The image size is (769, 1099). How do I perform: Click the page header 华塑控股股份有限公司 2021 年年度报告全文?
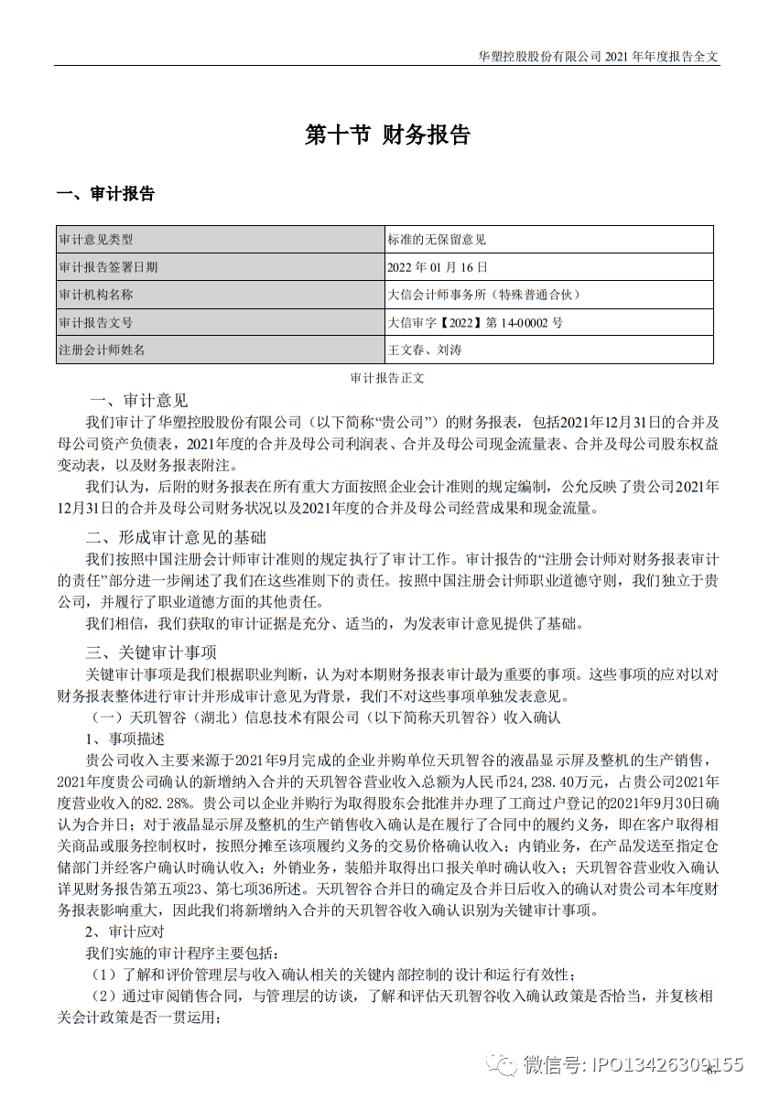599,56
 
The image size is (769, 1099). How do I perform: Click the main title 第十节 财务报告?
387,135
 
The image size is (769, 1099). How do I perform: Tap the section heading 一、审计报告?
105,194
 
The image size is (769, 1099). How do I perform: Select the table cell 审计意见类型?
96,240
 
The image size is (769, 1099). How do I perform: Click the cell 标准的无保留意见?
437,240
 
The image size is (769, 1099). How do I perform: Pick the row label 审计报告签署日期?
108,267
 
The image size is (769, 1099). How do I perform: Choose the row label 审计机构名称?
96,295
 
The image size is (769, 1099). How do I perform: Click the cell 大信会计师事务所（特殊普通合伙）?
484,295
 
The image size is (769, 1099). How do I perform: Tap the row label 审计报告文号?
96,322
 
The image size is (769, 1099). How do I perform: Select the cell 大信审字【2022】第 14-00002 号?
475,322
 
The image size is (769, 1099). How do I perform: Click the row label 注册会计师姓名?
103,350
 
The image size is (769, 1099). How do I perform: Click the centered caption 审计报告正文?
387,377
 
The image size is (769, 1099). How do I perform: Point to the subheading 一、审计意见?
139,401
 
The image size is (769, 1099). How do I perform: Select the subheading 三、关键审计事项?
151,652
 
